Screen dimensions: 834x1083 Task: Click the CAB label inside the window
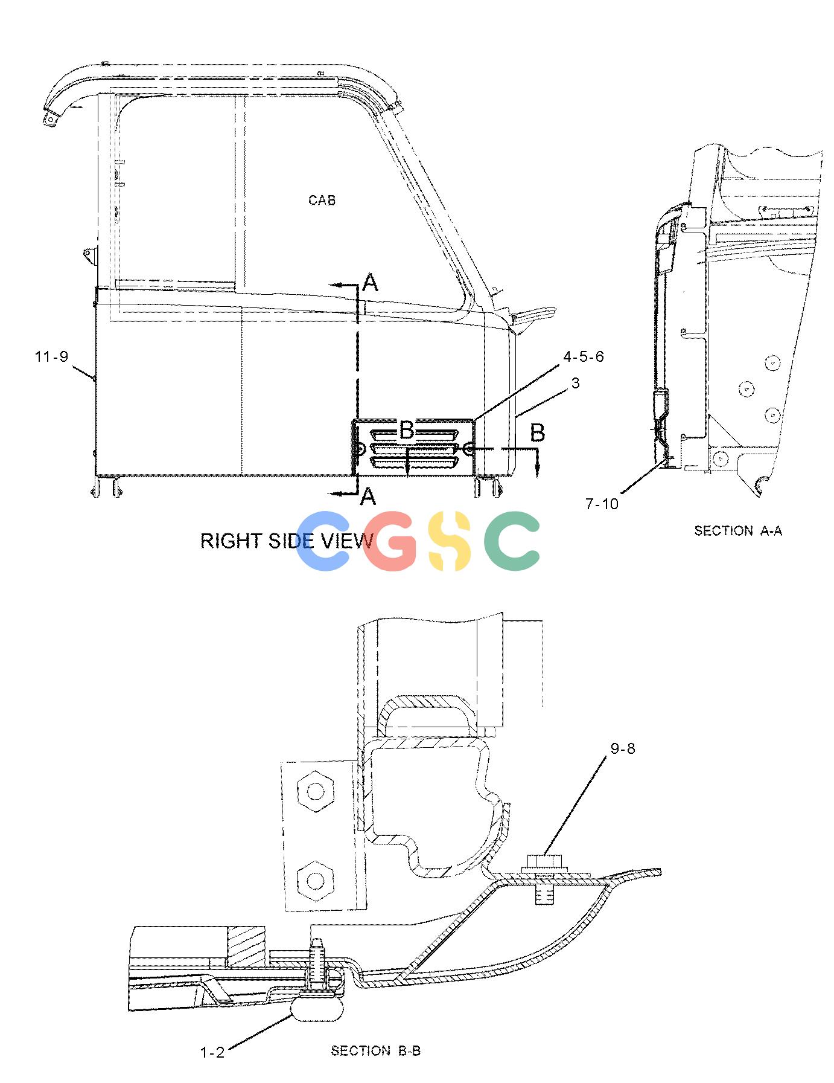(322, 200)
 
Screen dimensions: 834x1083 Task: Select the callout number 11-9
(52, 356)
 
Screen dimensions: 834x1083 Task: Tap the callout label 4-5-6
(583, 356)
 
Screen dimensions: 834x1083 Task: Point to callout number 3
(575, 383)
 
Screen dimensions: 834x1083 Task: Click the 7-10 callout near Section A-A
(602, 503)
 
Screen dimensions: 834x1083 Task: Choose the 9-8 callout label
(623, 748)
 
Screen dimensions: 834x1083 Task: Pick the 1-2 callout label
(212, 1052)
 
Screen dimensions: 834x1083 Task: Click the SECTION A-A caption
(738, 530)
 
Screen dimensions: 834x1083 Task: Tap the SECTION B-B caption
(375, 1051)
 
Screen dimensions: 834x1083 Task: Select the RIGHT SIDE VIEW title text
(287, 541)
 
